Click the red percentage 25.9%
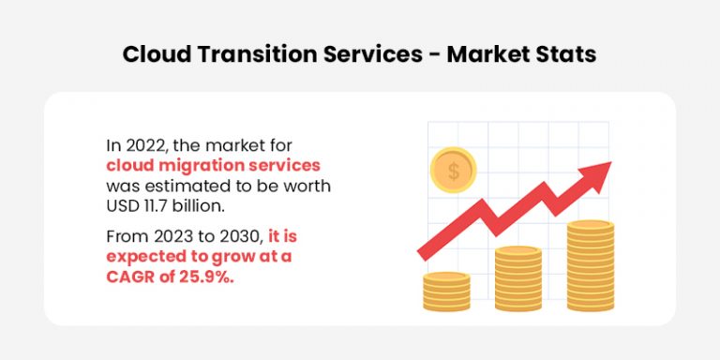[x=203, y=275]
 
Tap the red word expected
[x=146, y=255]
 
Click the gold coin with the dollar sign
[x=453, y=171]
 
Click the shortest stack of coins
[x=446, y=292]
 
